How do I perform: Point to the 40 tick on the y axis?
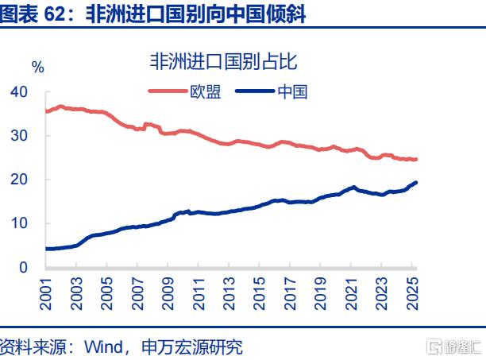(x=19, y=92)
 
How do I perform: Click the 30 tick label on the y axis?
(x=19, y=136)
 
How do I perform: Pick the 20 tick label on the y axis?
(x=19, y=180)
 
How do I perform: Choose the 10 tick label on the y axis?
(x=19, y=223)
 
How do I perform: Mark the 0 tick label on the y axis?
(x=24, y=267)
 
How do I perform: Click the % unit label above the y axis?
(x=37, y=66)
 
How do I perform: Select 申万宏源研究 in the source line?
(x=191, y=347)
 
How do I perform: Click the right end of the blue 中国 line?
(x=417, y=183)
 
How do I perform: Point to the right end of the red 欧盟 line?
(x=417, y=160)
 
